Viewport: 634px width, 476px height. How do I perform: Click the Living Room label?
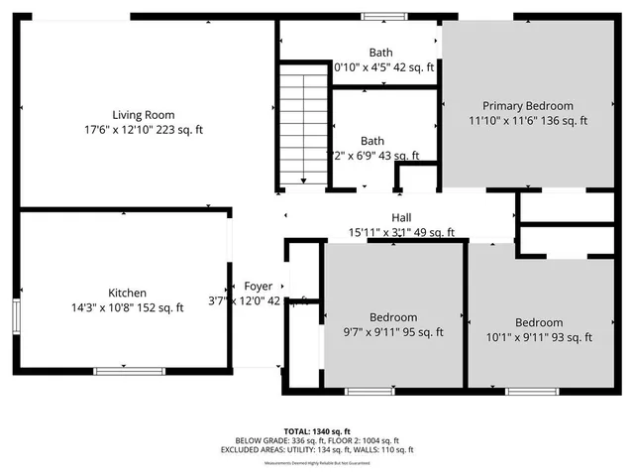coord(137,115)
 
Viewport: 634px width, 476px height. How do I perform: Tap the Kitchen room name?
coord(128,293)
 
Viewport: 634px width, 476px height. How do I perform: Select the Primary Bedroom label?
coord(527,106)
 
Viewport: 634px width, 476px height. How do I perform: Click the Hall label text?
coord(401,218)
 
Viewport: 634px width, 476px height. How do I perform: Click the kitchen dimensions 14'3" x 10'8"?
coord(128,307)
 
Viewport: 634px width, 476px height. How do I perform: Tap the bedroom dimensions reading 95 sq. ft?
coord(393,332)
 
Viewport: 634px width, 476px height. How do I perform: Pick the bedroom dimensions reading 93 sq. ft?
coord(539,337)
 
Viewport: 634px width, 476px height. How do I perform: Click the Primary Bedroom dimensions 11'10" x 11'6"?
coord(527,121)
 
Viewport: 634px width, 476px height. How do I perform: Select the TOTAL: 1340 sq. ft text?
coord(316,431)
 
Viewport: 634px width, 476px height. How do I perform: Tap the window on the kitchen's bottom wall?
coord(123,370)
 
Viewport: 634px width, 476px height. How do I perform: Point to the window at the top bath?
coord(375,16)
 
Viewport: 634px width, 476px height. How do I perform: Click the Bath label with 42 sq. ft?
coord(380,53)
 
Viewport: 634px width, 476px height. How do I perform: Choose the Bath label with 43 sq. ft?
coord(372,141)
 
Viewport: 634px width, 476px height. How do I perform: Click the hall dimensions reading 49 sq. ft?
coord(401,233)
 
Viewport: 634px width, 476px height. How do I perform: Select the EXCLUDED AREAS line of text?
coord(316,450)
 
